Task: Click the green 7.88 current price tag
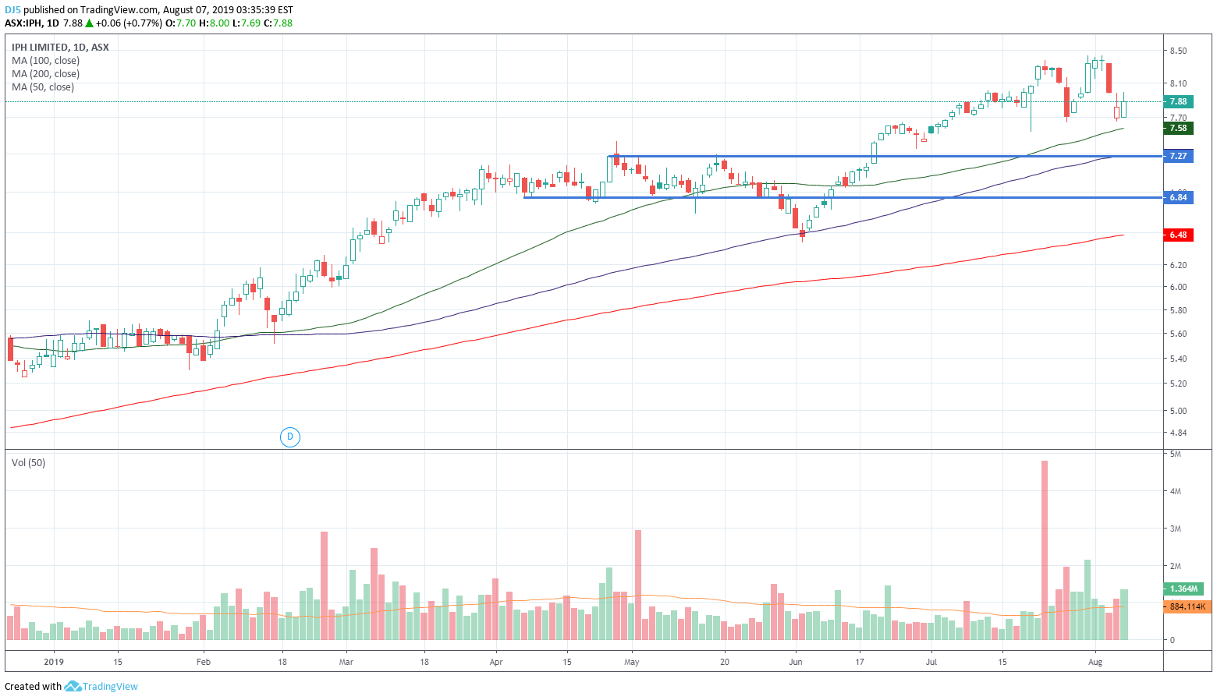[1178, 101]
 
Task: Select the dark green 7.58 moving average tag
[1178, 128]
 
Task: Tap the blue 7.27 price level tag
[1178, 156]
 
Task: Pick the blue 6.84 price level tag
[1178, 197]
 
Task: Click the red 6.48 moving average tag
[1178, 235]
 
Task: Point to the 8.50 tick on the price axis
[1178, 51]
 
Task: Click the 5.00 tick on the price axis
[1178, 411]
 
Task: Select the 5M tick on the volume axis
[1175, 454]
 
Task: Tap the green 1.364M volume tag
[1183, 589]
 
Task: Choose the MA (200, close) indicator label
[45, 74]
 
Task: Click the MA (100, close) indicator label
[45, 61]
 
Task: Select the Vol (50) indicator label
[28, 463]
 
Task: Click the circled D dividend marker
[290, 437]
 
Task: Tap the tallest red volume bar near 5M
[1045, 550]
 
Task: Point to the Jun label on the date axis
[796, 662]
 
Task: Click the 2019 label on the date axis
[54, 662]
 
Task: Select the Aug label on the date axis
[1095, 662]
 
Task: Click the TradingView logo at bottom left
[101, 686]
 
